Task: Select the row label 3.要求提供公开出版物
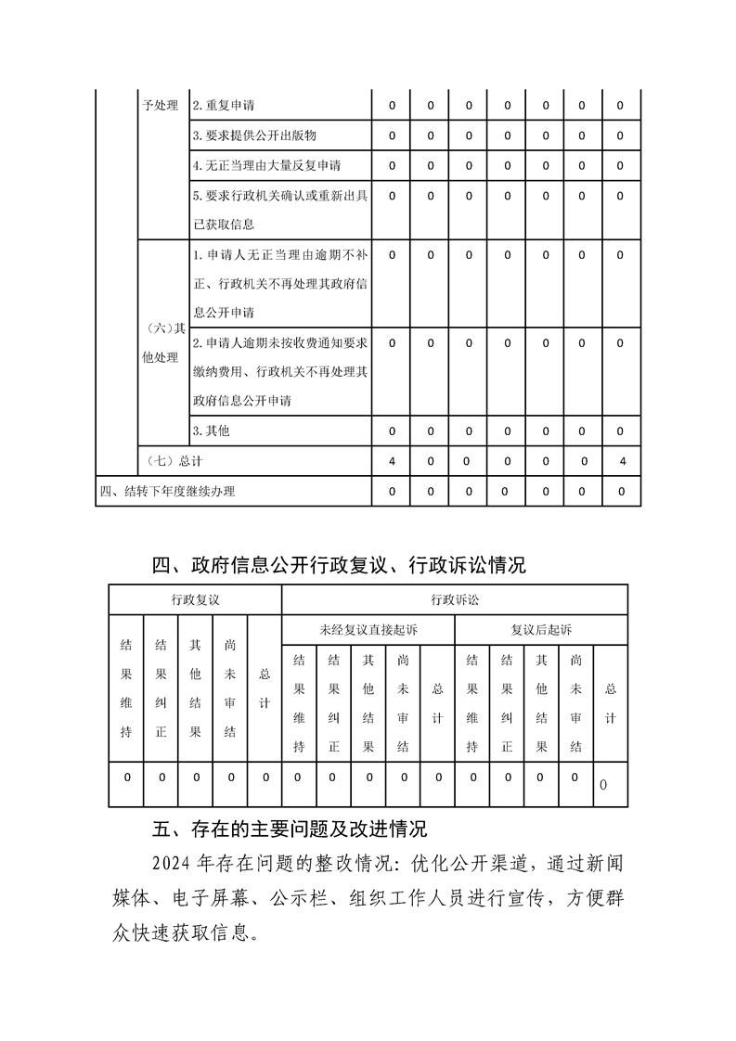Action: (254, 135)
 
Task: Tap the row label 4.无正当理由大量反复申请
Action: (266, 166)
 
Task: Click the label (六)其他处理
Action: (161, 342)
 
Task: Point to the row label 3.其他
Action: (211, 431)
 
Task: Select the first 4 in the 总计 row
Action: (392, 461)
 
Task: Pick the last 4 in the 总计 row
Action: (621, 461)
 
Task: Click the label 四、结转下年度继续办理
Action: (174, 491)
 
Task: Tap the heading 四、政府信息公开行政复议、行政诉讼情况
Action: (339, 564)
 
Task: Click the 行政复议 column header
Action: (195, 599)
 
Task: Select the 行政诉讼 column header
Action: (455, 599)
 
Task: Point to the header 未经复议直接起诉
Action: (368, 629)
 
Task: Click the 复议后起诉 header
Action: (541, 629)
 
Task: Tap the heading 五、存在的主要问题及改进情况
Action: (289, 828)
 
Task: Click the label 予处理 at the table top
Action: (161, 106)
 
